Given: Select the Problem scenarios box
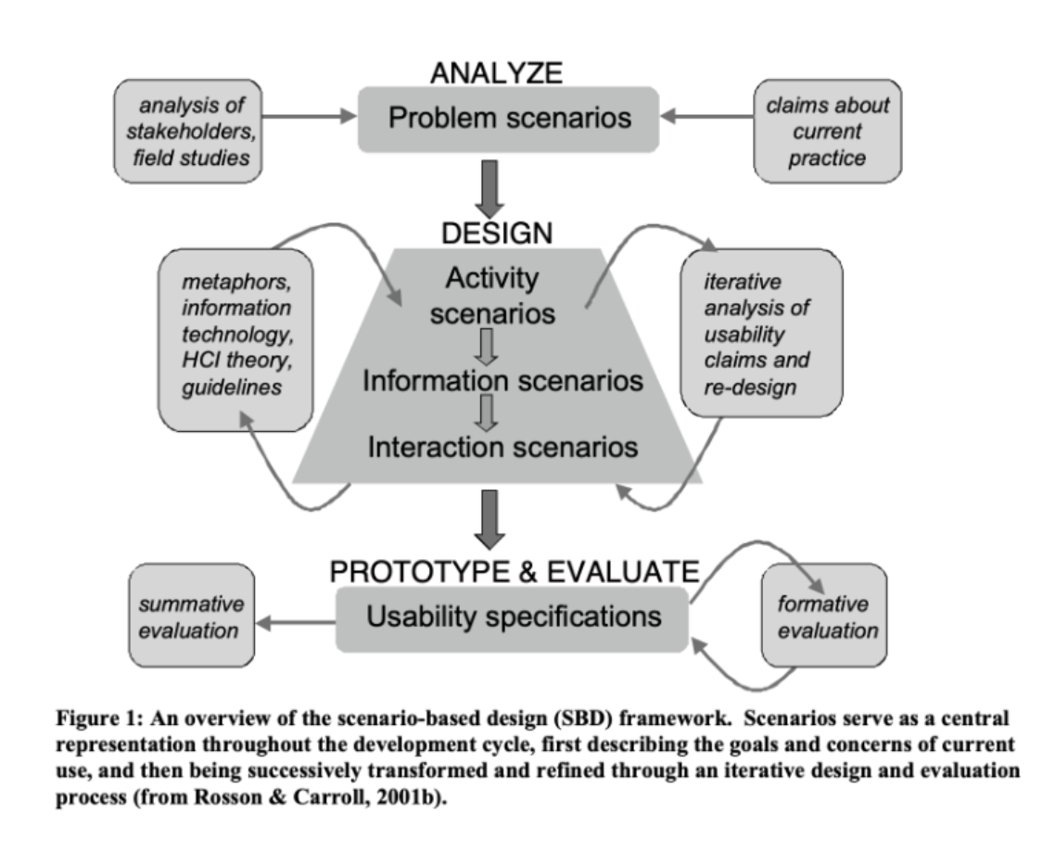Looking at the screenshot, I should click(508, 119).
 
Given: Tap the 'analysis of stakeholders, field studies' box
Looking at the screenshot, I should click(188, 131).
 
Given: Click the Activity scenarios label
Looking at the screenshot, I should click(491, 295).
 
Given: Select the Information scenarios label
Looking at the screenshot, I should click(503, 380).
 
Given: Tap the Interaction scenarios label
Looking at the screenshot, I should click(503, 446).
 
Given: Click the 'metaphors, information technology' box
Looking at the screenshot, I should click(235, 340).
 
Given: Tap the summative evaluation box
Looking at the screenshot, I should click(191, 616).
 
